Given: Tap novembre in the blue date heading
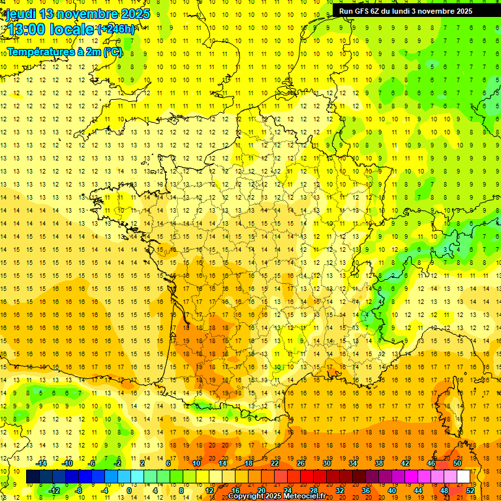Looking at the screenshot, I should click(x=87, y=14).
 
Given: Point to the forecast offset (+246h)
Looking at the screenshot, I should click(x=117, y=29).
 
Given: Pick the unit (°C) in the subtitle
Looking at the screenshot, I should click(x=113, y=52).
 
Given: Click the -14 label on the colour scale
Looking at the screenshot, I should click(x=43, y=463).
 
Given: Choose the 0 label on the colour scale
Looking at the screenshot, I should click(x=129, y=491).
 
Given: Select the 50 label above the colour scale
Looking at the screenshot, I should click(x=457, y=463).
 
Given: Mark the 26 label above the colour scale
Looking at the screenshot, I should click(x=301, y=463).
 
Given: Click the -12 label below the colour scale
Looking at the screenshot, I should click(x=55, y=491).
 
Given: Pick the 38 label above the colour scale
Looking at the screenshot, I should click(x=379, y=463).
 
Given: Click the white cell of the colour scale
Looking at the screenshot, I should click(x=463, y=477).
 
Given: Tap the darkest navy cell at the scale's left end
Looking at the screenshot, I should click(x=33, y=477).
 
